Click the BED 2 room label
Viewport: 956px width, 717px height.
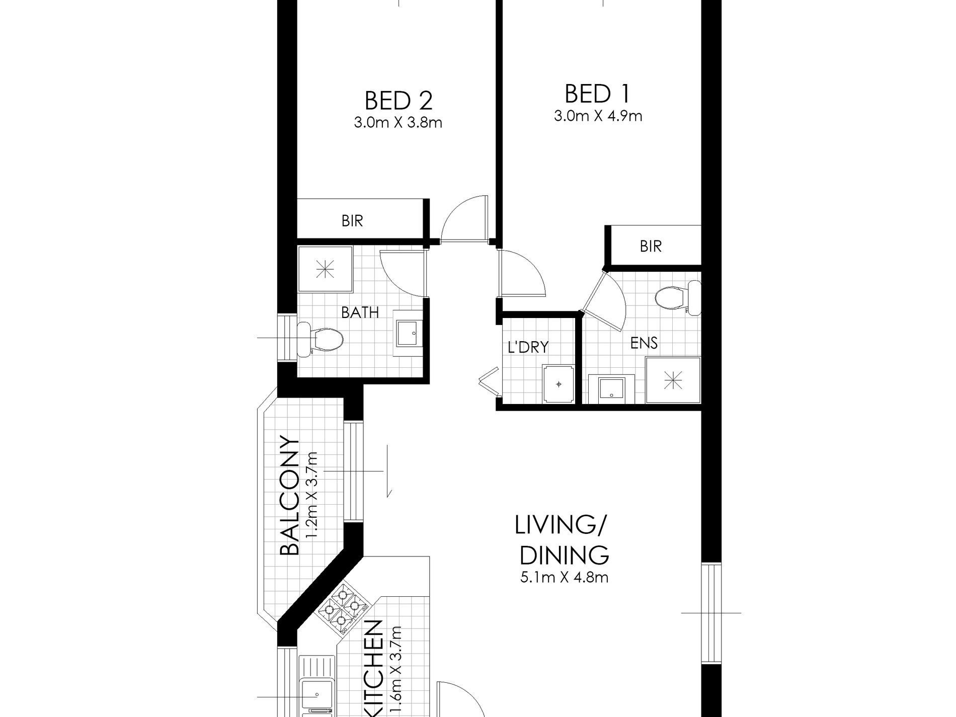click(398, 101)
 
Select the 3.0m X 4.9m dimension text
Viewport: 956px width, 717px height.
click(598, 117)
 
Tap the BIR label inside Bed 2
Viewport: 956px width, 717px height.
click(352, 221)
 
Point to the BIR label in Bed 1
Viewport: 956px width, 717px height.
click(651, 247)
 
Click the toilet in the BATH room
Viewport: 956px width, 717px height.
click(322, 338)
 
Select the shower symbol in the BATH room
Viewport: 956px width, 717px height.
click(325, 270)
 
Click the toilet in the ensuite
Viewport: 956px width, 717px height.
click(674, 297)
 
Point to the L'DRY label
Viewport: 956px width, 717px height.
click(528, 347)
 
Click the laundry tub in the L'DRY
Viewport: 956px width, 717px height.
click(559, 384)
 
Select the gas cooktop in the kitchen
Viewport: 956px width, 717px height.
click(343, 608)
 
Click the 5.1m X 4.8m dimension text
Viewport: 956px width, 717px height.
click(565, 577)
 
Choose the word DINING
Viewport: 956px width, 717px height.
click(564, 556)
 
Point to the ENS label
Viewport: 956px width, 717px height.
click(644, 343)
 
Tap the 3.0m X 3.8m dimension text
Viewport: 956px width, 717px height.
click(398, 123)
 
